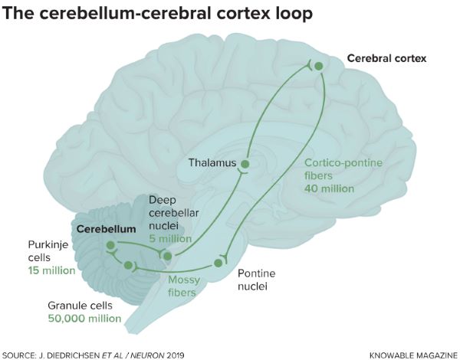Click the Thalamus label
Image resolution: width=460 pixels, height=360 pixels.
coord(212,163)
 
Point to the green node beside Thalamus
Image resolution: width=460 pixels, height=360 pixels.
coord(245,164)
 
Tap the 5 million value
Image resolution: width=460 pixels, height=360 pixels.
coord(175,239)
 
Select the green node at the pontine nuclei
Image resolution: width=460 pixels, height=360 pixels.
coord(219,263)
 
